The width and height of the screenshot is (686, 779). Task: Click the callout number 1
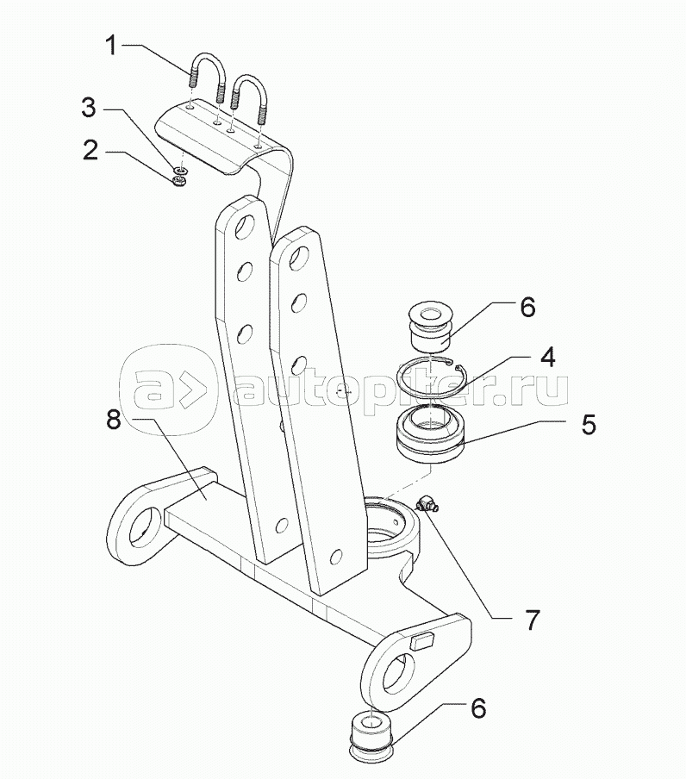click(112, 46)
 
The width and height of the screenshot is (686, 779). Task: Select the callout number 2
click(90, 150)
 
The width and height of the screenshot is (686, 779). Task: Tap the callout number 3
click(89, 108)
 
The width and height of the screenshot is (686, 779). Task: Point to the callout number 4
click(547, 357)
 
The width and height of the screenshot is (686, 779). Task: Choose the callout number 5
click(589, 425)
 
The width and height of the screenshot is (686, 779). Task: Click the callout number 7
click(532, 620)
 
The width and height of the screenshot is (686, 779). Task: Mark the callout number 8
click(113, 420)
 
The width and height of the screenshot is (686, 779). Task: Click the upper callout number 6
click(527, 307)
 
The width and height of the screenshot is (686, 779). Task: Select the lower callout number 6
click(478, 708)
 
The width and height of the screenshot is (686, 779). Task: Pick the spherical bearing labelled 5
click(431, 433)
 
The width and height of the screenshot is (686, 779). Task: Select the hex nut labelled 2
click(180, 181)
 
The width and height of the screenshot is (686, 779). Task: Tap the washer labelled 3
click(180, 171)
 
